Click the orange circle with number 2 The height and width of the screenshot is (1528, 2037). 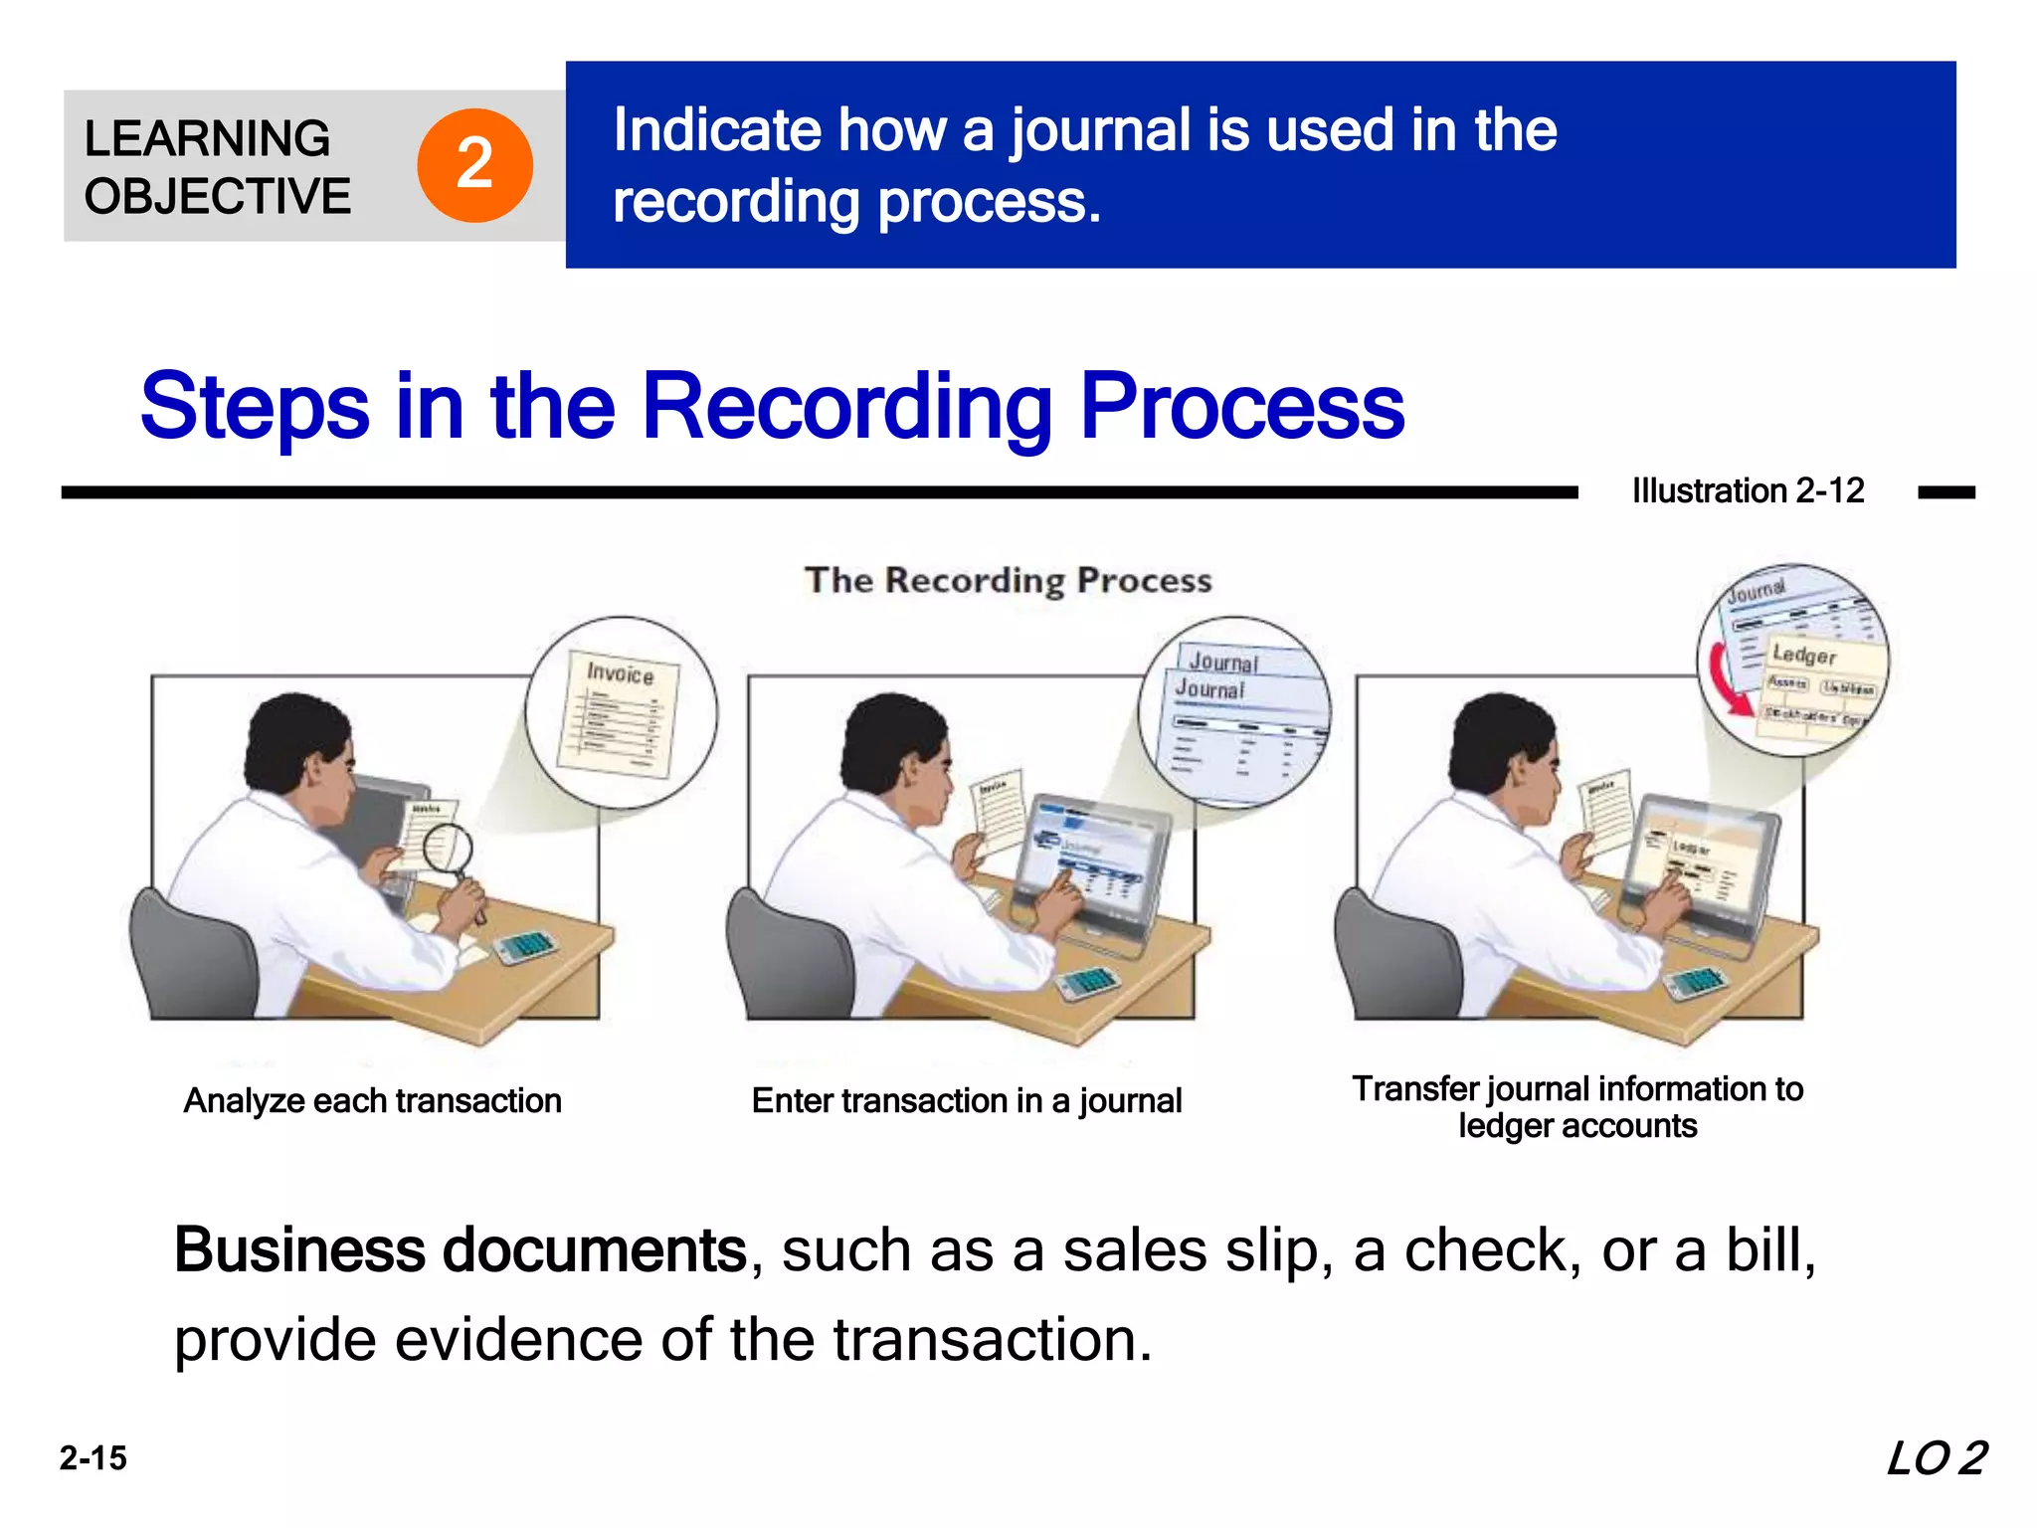click(474, 165)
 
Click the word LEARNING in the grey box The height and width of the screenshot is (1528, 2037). click(207, 138)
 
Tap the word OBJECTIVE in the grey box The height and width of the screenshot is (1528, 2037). click(218, 196)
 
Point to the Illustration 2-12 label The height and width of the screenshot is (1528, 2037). click(1748, 490)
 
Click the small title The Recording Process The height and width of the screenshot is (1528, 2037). click(1008, 580)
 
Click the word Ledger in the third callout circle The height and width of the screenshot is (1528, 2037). click(1804, 655)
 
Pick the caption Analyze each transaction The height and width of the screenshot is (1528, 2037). click(373, 1100)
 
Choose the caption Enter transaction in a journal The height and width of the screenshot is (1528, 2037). click(967, 1100)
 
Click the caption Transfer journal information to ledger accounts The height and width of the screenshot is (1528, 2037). click(1577, 1106)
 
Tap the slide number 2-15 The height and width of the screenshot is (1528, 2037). click(93, 1458)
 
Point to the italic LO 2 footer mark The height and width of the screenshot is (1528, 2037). click(1937, 1458)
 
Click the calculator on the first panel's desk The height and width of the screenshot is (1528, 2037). click(524, 945)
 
